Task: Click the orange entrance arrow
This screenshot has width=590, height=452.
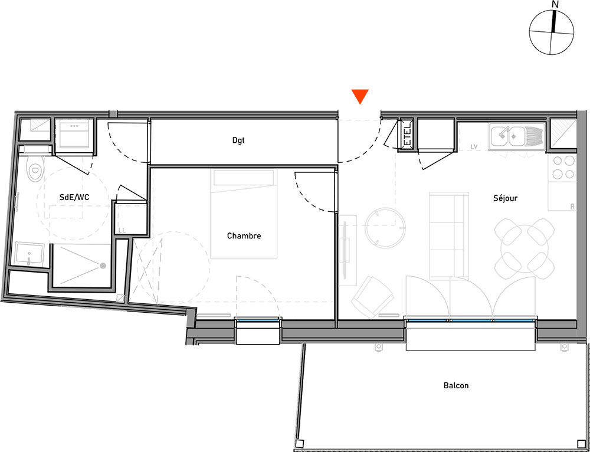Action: (x=360, y=96)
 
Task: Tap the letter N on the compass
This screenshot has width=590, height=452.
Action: (x=555, y=5)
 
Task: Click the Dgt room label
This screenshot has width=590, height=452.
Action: (x=238, y=140)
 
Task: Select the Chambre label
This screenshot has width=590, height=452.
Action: (x=244, y=236)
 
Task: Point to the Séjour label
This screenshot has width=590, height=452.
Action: (x=506, y=198)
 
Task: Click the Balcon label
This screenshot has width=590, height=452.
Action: (x=456, y=385)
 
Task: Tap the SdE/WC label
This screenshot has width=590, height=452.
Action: (x=74, y=197)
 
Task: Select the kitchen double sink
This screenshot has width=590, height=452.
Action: (x=517, y=136)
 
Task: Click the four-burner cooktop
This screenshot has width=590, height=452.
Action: (x=562, y=168)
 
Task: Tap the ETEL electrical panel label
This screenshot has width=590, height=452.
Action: (x=407, y=136)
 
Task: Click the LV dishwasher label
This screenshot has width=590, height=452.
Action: (x=474, y=147)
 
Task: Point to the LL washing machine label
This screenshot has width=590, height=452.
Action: (x=122, y=231)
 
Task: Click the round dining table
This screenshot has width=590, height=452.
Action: (x=524, y=249)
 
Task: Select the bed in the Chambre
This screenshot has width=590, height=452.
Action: (x=244, y=214)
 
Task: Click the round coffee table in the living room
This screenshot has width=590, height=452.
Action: (x=385, y=228)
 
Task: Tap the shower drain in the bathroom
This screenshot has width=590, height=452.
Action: (x=102, y=266)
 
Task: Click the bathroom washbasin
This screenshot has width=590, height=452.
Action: (x=29, y=254)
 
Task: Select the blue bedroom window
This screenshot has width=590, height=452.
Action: (x=258, y=320)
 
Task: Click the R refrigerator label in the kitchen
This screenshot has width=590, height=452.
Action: (x=572, y=207)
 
